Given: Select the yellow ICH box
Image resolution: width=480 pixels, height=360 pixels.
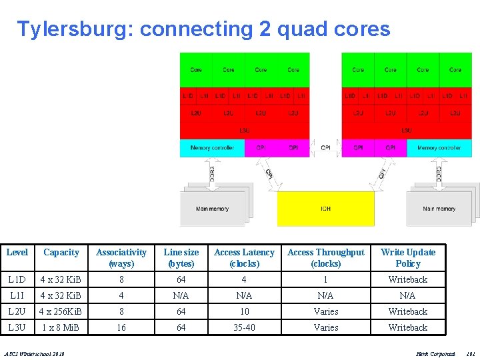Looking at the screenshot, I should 325,209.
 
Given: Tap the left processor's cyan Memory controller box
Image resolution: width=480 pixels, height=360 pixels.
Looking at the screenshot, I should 212,148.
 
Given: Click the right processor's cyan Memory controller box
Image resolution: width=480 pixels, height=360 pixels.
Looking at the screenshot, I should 439,148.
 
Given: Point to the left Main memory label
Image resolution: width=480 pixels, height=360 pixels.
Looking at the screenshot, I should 212,209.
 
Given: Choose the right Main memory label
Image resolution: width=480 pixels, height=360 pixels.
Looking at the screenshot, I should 439,209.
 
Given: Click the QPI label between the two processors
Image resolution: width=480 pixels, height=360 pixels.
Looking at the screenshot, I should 326,148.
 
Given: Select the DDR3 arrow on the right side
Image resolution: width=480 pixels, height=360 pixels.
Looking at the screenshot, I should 438,174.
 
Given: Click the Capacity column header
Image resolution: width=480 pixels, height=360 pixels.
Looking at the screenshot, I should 61,253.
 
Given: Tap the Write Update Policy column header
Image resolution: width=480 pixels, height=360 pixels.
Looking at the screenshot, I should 407,258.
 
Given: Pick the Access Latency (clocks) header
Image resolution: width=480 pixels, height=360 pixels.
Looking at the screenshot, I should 244,258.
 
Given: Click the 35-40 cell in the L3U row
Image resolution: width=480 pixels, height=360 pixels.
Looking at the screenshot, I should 244,328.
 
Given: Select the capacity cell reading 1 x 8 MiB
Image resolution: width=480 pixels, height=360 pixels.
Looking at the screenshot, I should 61,328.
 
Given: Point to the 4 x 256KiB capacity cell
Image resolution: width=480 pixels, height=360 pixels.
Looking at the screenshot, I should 61,311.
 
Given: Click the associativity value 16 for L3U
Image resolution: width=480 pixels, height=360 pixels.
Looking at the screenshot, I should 121,328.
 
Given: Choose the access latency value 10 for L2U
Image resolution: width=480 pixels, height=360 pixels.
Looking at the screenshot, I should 244,311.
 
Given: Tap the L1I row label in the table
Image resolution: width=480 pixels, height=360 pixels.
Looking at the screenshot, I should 17,295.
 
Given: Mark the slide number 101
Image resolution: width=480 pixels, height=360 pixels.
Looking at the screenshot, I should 471,352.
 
